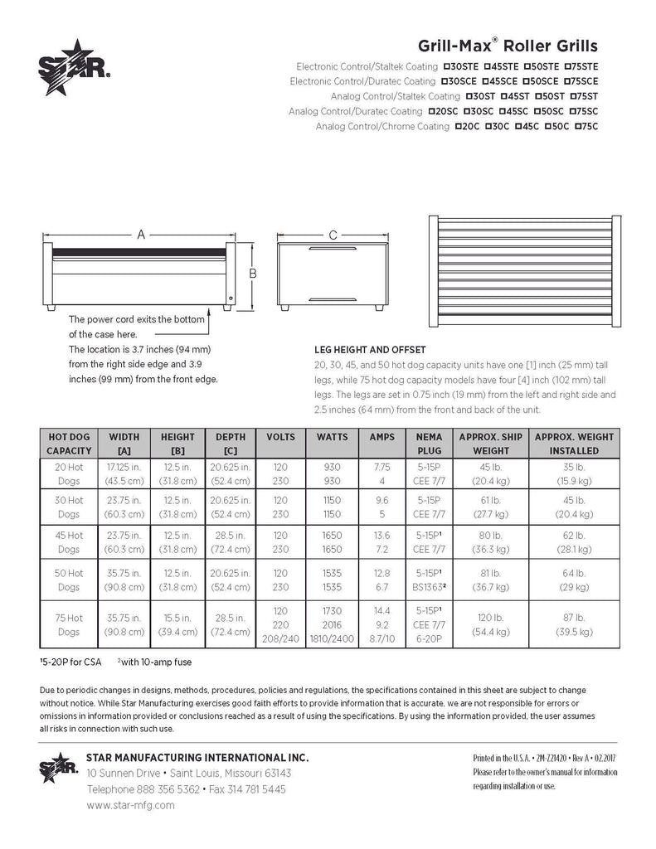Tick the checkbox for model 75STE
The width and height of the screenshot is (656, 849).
[568, 66]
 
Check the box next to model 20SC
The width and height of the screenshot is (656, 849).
[434, 111]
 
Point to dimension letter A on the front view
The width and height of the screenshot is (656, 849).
[141, 235]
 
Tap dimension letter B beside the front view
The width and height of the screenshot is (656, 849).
[255, 273]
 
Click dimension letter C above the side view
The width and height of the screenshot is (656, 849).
[333, 235]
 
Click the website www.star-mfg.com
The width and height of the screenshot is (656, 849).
[130, 804]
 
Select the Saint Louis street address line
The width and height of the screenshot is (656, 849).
[189, 773]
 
